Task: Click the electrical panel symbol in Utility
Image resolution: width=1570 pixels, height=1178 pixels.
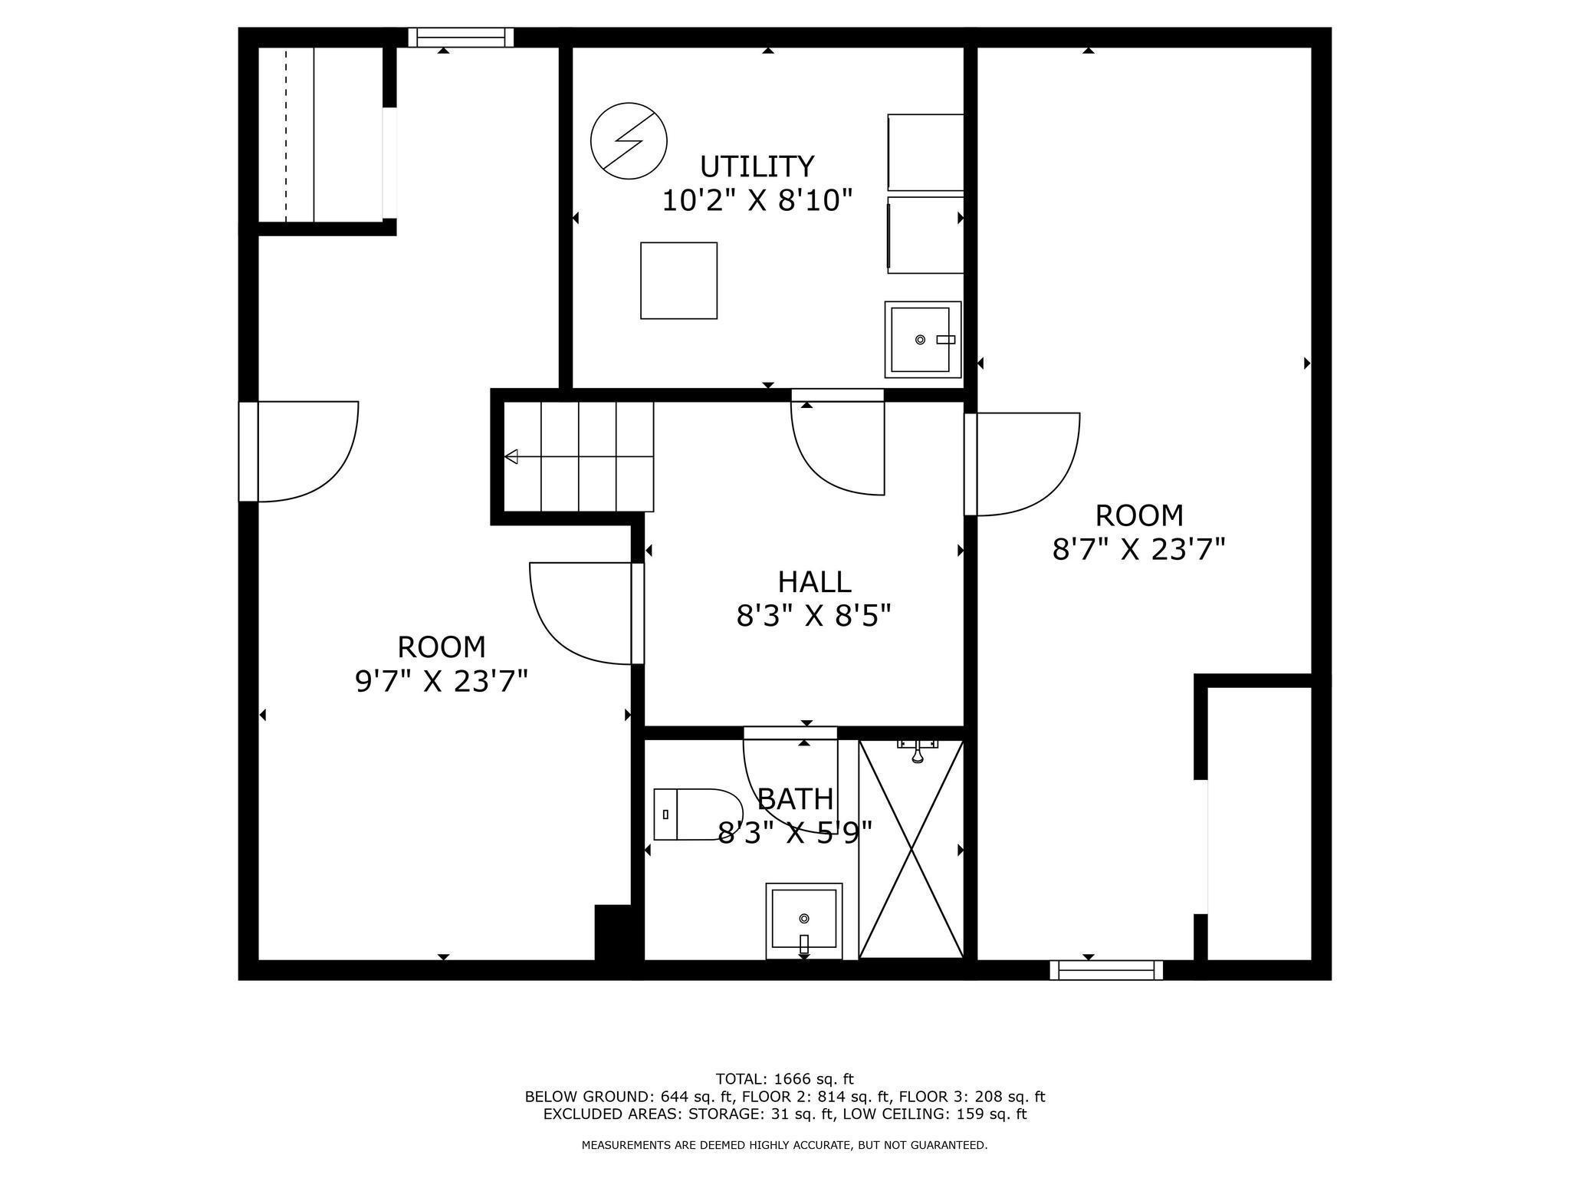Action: (x=629, y=141)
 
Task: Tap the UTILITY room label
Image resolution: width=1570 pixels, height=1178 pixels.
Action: (x=757, y=166)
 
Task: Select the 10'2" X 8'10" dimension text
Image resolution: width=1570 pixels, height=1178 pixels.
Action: (x=757, y=201)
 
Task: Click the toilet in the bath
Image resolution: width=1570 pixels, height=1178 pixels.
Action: (x=697, y=814)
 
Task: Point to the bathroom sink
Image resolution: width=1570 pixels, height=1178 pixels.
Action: (x=803, y=920)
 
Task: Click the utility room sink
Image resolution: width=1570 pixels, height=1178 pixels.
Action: (x=922, y=339)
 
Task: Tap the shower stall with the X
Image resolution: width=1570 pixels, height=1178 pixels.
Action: (x=911, y=850)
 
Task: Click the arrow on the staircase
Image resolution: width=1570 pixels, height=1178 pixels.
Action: (x=511, y=457)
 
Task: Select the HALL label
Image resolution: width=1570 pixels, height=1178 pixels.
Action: (x=814, y=582)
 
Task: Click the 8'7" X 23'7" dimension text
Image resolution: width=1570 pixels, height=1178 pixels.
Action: (x=1138, y=550)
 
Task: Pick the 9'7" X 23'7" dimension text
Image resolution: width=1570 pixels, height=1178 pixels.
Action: (x=442, y=681)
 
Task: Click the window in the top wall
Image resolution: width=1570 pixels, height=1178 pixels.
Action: (x=461, y=37)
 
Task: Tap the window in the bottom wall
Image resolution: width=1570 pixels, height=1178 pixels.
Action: (x=1105, y=970)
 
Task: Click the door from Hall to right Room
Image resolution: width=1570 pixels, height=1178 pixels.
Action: (x=1023, y=464)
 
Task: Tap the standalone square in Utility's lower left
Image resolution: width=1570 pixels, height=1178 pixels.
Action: (x=678, y=281)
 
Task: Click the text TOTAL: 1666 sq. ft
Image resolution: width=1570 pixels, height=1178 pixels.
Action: (x=784, y=1079)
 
